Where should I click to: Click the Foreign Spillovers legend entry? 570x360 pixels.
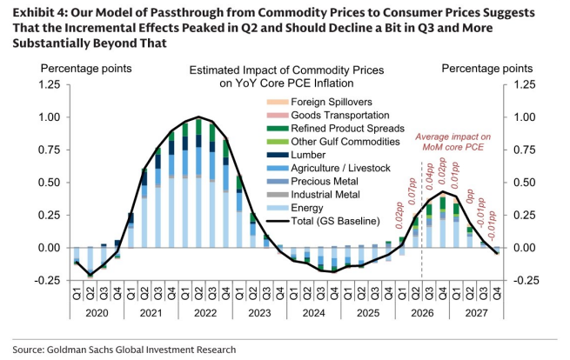click(319, 102)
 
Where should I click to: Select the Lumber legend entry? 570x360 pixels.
click(296, 155)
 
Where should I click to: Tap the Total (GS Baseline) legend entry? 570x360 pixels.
click(323, 221)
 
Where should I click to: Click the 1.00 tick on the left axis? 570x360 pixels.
click(49, 117)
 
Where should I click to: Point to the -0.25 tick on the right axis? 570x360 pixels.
click(524, 280)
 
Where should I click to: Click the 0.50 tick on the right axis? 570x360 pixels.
click(524, 183)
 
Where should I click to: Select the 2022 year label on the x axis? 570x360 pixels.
click(205, 313)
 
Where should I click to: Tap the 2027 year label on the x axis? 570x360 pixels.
click(477, 313)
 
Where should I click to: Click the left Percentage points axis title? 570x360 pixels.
click(86, 69)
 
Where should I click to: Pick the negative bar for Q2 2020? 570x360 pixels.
click(91, 263)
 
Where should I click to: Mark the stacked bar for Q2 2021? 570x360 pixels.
click(144, 208)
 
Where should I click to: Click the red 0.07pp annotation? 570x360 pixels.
click(412, 191)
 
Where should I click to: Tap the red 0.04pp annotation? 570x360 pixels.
click(430, 177)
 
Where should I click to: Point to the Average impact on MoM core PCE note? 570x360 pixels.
click(453, 142)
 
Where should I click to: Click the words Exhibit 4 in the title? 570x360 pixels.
click(39, 13)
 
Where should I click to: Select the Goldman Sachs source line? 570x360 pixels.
click(124, 350)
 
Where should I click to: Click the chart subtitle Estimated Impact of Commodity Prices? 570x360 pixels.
click(286, 70)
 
